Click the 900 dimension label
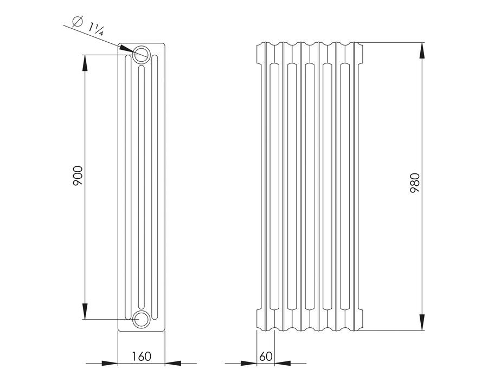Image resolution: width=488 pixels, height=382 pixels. pyautogui.click(x=78, y=176)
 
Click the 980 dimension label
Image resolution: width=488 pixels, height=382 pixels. pyautogui.click(x=415, y=184)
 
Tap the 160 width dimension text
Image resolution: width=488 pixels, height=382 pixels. pyautogui.click(x=142, y=357)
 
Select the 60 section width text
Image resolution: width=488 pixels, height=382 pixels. pyautogui.click(x=266, y=357)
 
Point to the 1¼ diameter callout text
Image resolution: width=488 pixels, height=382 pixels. pyautogui.click(x=95, y=29)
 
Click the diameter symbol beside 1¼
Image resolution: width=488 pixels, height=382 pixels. pyautogui.click(x=77, y=21)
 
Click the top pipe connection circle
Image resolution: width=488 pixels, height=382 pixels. pyautogui.click(x=142, y=55)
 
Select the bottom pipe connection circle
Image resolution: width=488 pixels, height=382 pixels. pyautogui.click(x=142, y=319)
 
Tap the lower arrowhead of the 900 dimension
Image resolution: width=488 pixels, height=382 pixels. pyautogui.click(x=85, y=311)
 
